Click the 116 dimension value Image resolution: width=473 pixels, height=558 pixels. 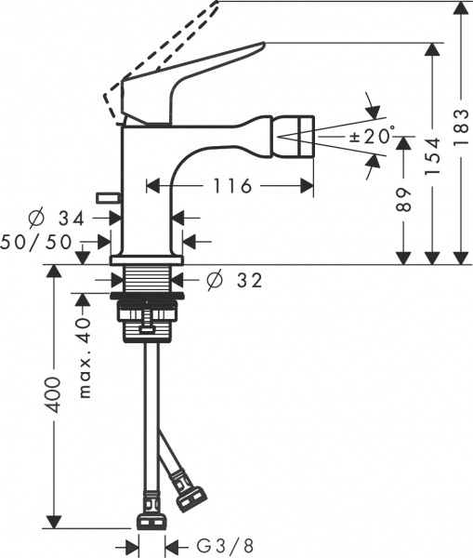point(230,187)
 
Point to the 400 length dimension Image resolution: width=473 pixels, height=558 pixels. point(57,395)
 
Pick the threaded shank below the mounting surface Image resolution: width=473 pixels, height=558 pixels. point(149,278)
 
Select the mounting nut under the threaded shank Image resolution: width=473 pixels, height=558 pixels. point(149,316)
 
